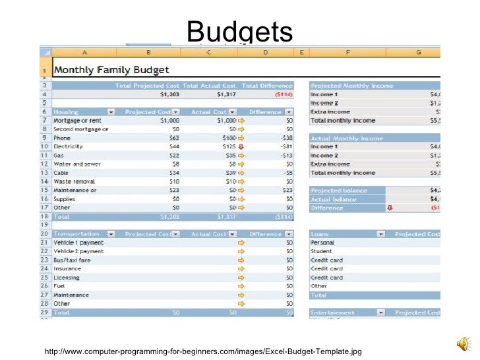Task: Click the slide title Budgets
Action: click(x=239, y=32)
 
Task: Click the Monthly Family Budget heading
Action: click(x=111, y=69)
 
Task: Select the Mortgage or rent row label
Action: click(x=78, y=121)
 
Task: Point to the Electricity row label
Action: click(x=69, y=146)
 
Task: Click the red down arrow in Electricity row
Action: click(x=241, y=146)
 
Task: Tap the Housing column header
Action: click(x=67, y=112)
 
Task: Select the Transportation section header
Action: click(x=76, y=234)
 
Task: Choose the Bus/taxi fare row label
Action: click(x=73, y=260)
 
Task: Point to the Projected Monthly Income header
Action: click(x=351, y=86)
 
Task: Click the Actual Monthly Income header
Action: click(x=346, y=138)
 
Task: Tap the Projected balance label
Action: click(x=339, y=191)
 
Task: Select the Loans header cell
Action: click(x=320, y=234)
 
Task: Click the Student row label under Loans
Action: click(x=321, y=251)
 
